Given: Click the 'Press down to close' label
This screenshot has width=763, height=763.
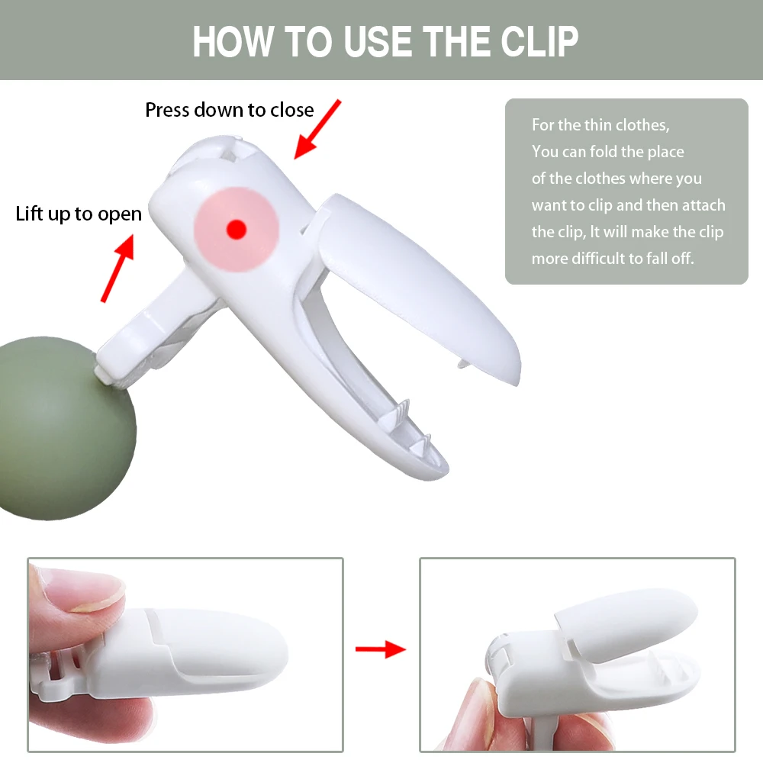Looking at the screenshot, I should (229, 110).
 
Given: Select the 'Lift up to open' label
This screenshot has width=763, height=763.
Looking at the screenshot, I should (79, 214).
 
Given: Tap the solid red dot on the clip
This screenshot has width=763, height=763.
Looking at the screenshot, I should (237, 227).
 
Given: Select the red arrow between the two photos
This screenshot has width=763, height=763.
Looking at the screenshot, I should (381, 649).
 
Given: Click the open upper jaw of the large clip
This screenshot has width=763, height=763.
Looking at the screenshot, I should (427, 282).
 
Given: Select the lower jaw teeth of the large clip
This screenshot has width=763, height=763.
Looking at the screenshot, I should (412, 427).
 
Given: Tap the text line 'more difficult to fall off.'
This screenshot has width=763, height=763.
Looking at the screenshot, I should (613, 259).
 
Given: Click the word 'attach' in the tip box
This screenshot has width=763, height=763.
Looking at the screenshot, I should (703, 205).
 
